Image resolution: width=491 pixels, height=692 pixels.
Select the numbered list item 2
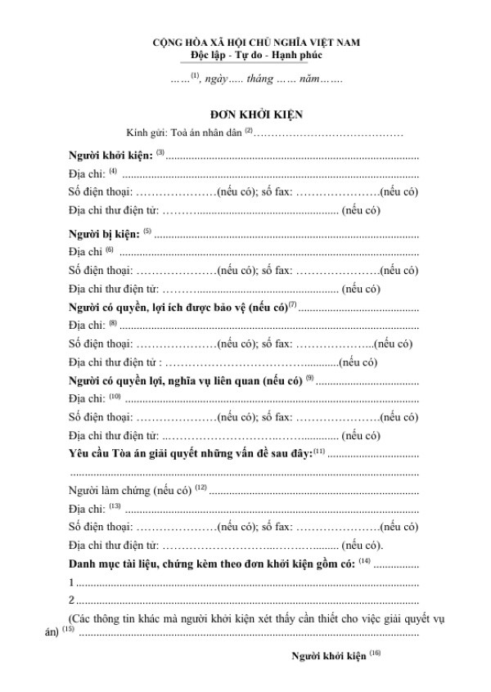click(x=71, y=600)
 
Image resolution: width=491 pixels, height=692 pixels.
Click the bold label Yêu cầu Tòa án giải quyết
click(x=191, y=452)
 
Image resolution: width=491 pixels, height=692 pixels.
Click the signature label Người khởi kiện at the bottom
click(x=329, y=655)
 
